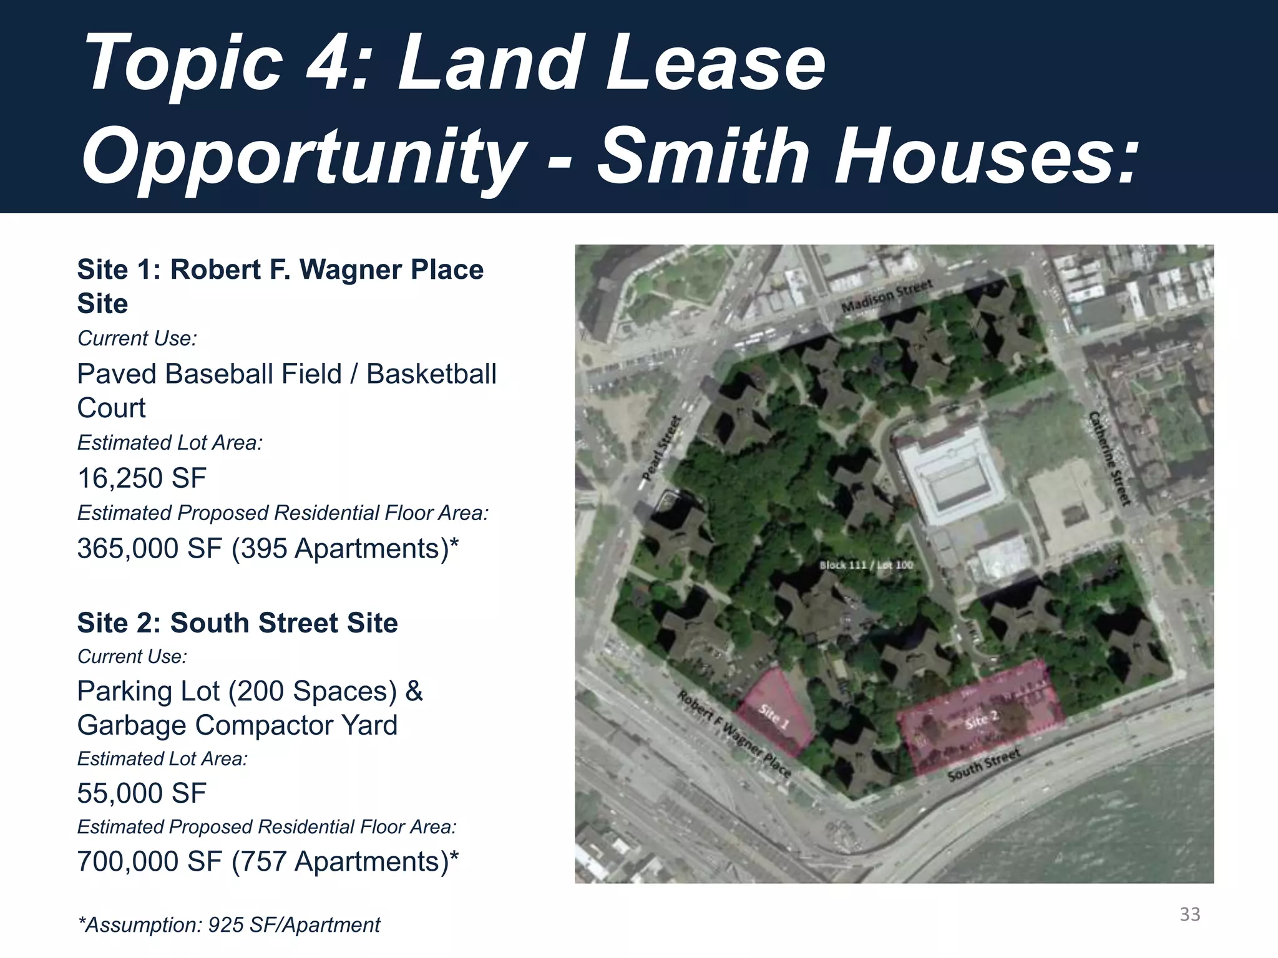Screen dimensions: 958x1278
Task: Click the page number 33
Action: pos(1189,914)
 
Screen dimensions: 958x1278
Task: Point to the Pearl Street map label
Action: pos(661,448)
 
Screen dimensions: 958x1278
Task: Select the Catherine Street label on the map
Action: pos(1110,458)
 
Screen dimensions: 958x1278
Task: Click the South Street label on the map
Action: pos(983,764)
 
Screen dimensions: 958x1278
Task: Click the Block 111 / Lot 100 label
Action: pos(866,565)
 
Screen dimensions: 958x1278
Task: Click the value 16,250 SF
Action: pos(142,478)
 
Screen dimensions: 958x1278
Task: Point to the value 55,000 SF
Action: pos(142,793)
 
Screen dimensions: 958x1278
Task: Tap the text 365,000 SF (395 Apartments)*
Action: pos(268,549)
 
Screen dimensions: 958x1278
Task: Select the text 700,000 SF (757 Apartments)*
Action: pos(268,862)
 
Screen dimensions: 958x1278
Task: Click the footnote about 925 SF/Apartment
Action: pos(229,925)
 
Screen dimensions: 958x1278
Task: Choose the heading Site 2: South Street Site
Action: pos(237,623)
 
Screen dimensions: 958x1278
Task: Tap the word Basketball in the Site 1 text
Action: pos(431,374)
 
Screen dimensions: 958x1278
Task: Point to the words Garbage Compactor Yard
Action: pos(237,725)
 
